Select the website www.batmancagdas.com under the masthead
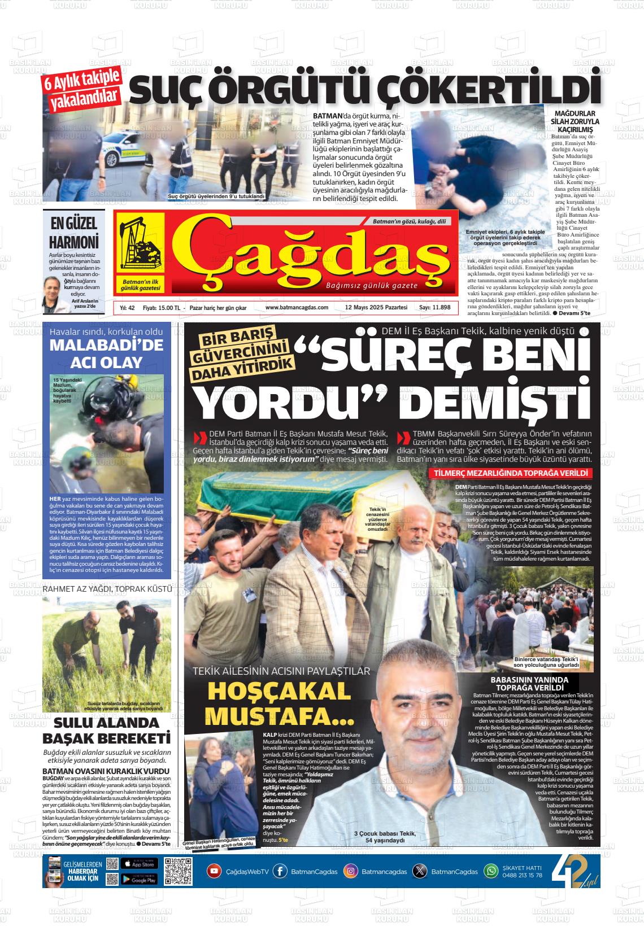[x=297, y=308]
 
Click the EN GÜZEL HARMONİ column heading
[x=74, y=233]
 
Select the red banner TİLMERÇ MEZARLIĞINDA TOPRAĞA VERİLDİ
[x=510, y=473]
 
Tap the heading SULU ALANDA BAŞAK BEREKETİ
[x=107, y=731]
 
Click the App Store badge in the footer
[x=138, y=863]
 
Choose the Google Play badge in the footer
[x=138, y=880]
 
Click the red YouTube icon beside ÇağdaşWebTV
[x=214, y=871]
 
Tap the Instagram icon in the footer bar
[x=351, y=871]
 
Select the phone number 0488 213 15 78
[x=522, y=875]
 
